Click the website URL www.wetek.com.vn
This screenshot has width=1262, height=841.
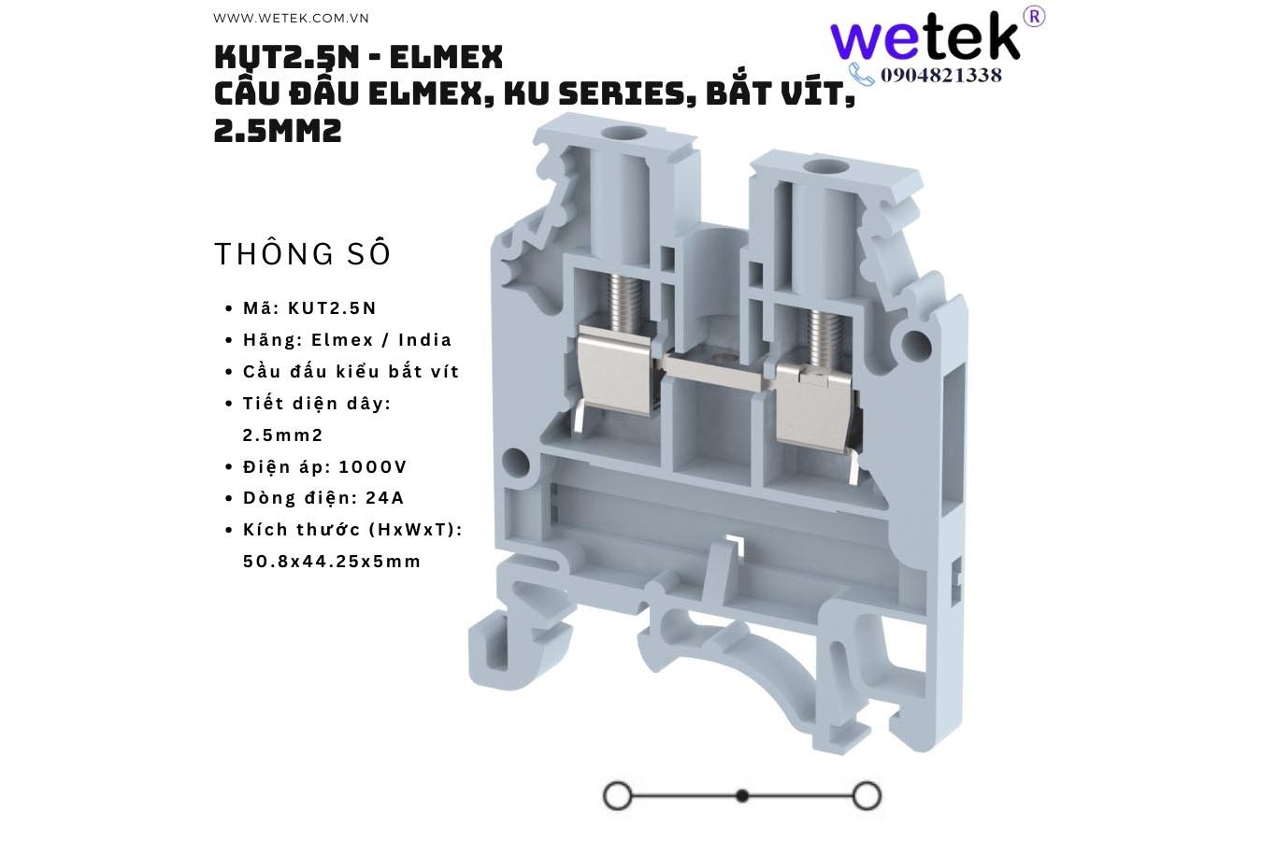coord(291,18)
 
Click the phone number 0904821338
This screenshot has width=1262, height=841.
coord(940,76)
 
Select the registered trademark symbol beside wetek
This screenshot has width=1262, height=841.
coord(1034,16)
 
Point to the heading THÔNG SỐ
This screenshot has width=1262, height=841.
coord(303,254)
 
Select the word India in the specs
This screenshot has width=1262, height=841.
coord(424,340)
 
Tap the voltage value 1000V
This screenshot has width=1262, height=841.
coord(373,467)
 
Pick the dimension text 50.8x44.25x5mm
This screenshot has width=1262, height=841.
coord(332,562)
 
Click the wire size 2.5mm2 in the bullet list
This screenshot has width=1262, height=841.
coord(282,435)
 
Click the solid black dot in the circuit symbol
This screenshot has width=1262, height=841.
coord(742,796)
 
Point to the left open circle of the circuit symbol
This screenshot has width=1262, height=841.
coord(618,796)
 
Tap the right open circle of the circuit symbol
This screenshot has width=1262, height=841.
coord(867,796)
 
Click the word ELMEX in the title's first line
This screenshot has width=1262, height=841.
coord(446,58)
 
